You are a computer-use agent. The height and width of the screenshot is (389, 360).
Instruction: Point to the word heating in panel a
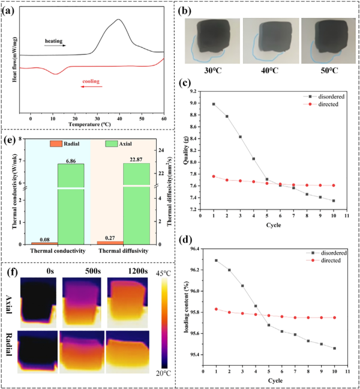click(x=53, y=41)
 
